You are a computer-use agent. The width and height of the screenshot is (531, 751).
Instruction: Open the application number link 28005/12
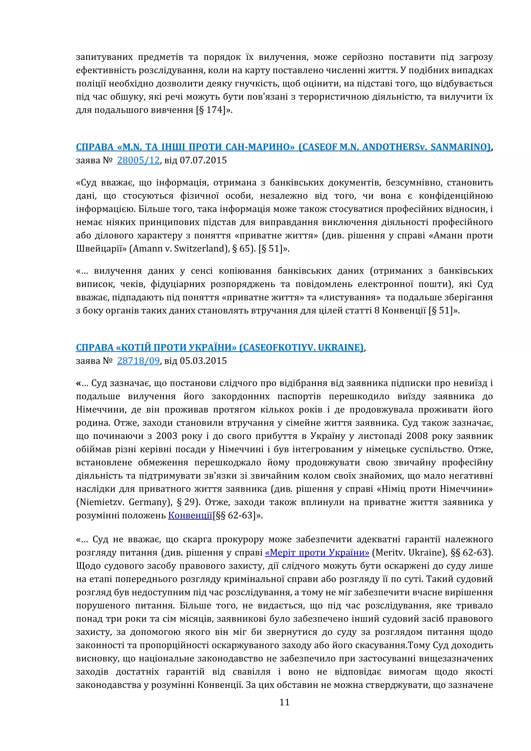coord(138,160)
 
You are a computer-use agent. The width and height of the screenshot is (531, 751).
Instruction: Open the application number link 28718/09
coord(138,361)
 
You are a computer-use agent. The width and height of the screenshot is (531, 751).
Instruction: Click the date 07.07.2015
coord(203,160)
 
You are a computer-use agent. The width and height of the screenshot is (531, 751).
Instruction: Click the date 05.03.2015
coord(203,361)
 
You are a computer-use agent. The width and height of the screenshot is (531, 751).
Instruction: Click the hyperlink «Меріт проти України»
coord(317,553)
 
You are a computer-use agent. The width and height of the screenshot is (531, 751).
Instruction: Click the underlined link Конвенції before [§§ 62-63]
coord(190,516)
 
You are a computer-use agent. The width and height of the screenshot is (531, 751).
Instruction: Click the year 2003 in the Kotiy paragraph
coord(167,436)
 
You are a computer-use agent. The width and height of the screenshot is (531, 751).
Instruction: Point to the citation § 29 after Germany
coord(188,502)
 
